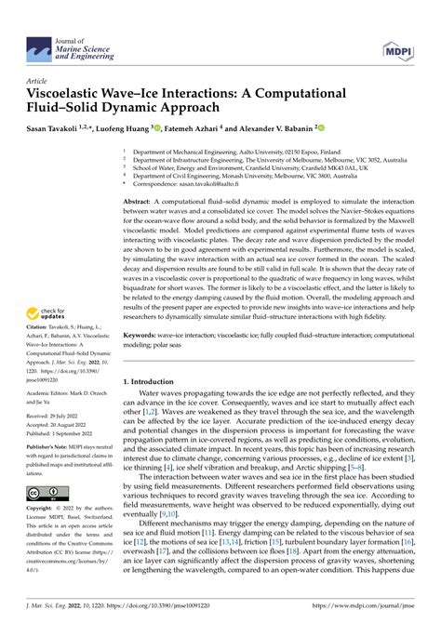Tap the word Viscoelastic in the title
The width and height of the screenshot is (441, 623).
pos(75,96)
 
